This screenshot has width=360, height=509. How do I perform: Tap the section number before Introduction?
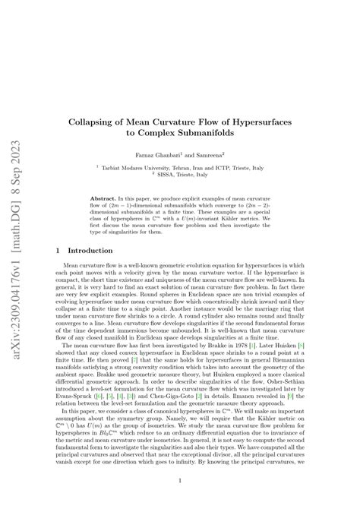(x=59, y=250)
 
